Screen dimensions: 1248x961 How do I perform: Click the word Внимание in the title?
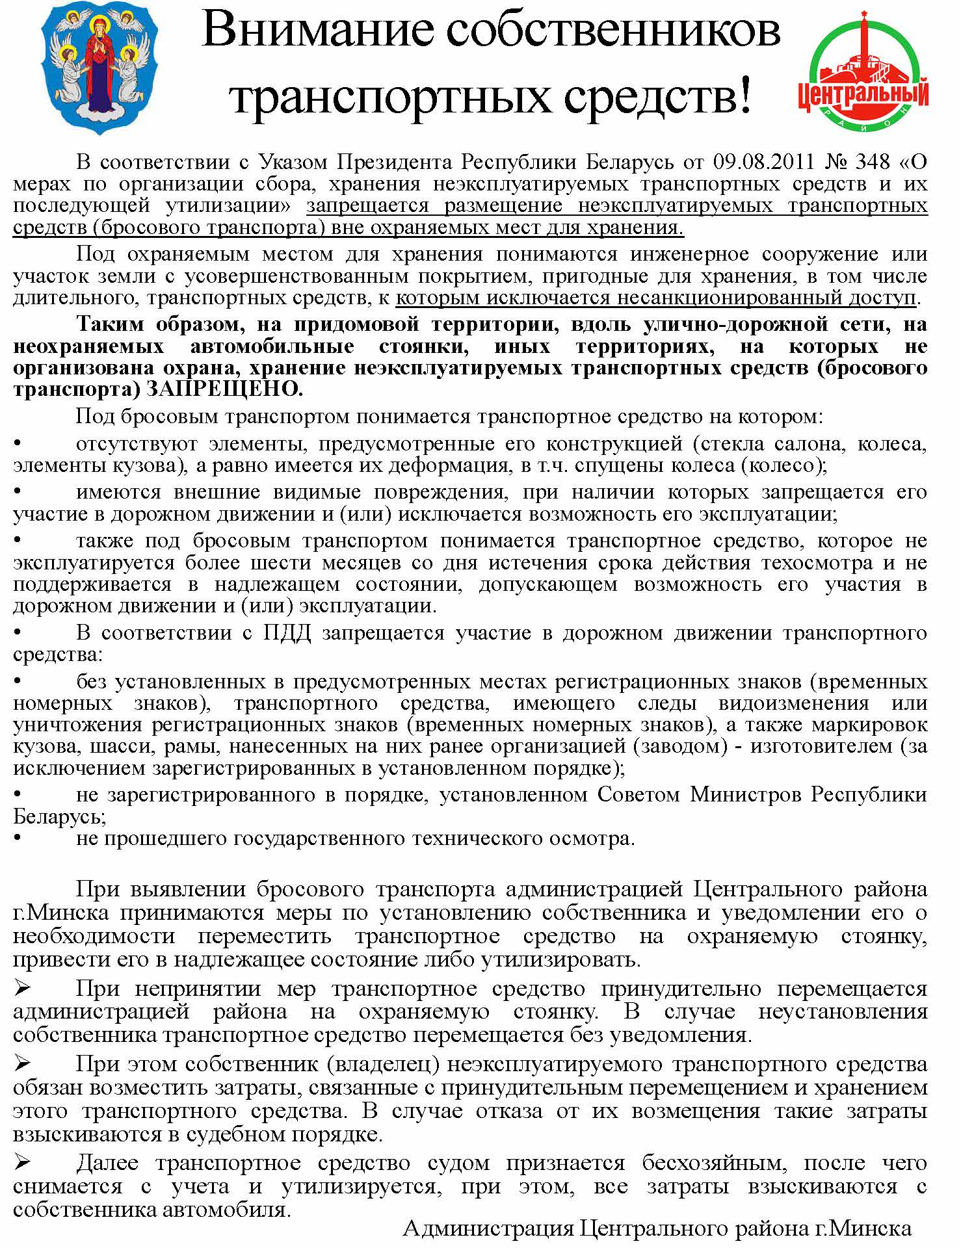318,31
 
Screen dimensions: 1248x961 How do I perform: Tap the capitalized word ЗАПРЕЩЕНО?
225,389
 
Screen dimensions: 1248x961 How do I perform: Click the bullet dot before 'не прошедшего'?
18,838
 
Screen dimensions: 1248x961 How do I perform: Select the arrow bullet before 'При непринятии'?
23,989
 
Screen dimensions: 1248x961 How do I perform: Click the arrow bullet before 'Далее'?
23,1162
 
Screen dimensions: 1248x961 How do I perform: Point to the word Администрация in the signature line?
488,1228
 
